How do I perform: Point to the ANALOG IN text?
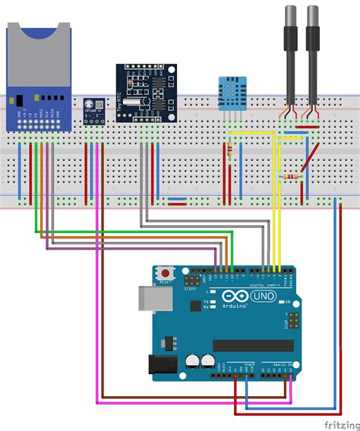[277, 364]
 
